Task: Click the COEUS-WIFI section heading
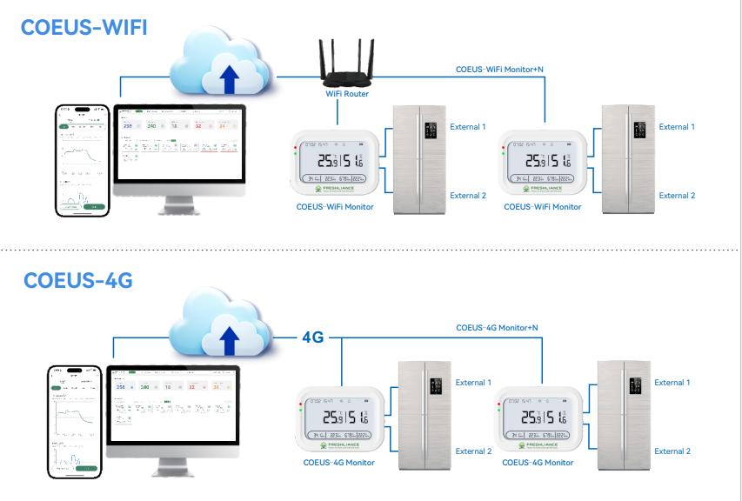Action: click(85, 28)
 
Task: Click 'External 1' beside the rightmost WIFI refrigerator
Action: click(677, 127)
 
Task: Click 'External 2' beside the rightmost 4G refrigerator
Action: click(672, 451)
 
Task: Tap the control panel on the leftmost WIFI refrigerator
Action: click(429, 131)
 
